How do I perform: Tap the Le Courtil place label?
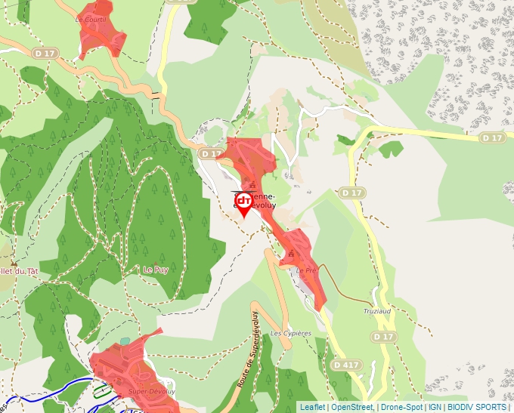90,19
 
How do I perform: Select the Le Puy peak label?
156,270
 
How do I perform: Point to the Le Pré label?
305,270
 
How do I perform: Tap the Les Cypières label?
291,333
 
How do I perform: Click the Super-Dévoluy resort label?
151,391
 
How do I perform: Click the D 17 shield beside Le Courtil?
45,54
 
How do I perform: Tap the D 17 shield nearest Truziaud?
384,336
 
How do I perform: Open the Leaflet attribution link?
313,407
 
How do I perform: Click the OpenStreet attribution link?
352,407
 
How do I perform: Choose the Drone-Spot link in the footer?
401,407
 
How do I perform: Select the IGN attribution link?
435,407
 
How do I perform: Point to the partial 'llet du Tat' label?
19,271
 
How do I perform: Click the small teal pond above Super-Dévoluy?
124,341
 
